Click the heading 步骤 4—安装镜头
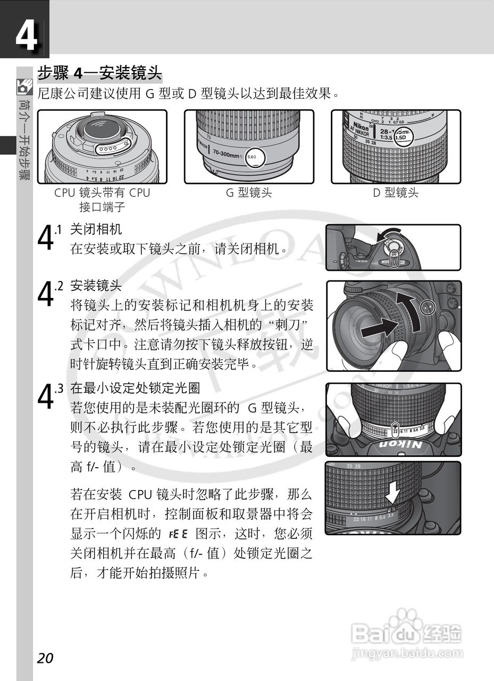coord(99,72)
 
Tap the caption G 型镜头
coord(248,193)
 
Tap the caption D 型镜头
coord(395,193)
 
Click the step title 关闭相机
coord(96,229)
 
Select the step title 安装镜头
coord(96,286)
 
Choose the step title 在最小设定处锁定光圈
coord(135,388)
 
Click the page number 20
coord(45,658)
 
